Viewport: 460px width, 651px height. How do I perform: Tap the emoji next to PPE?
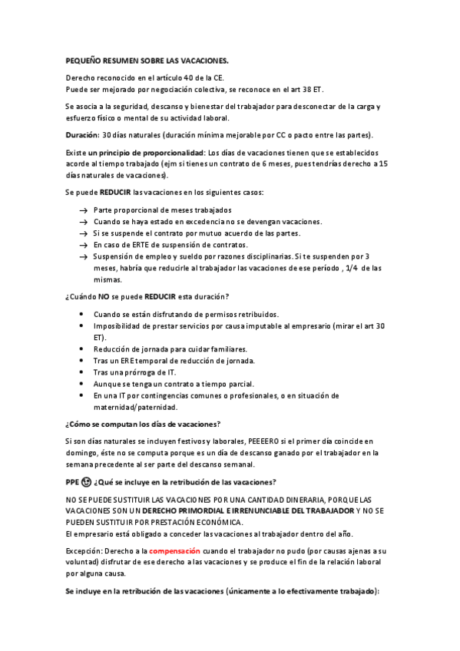[x=87, y=482]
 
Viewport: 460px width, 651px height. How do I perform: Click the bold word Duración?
[x=82, y=134]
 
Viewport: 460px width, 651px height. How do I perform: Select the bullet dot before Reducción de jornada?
[x=82, y=349]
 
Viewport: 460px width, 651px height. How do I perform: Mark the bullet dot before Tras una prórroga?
[x=82, y=372]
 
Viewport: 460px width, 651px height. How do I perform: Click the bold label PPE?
[x=73, y=482]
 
